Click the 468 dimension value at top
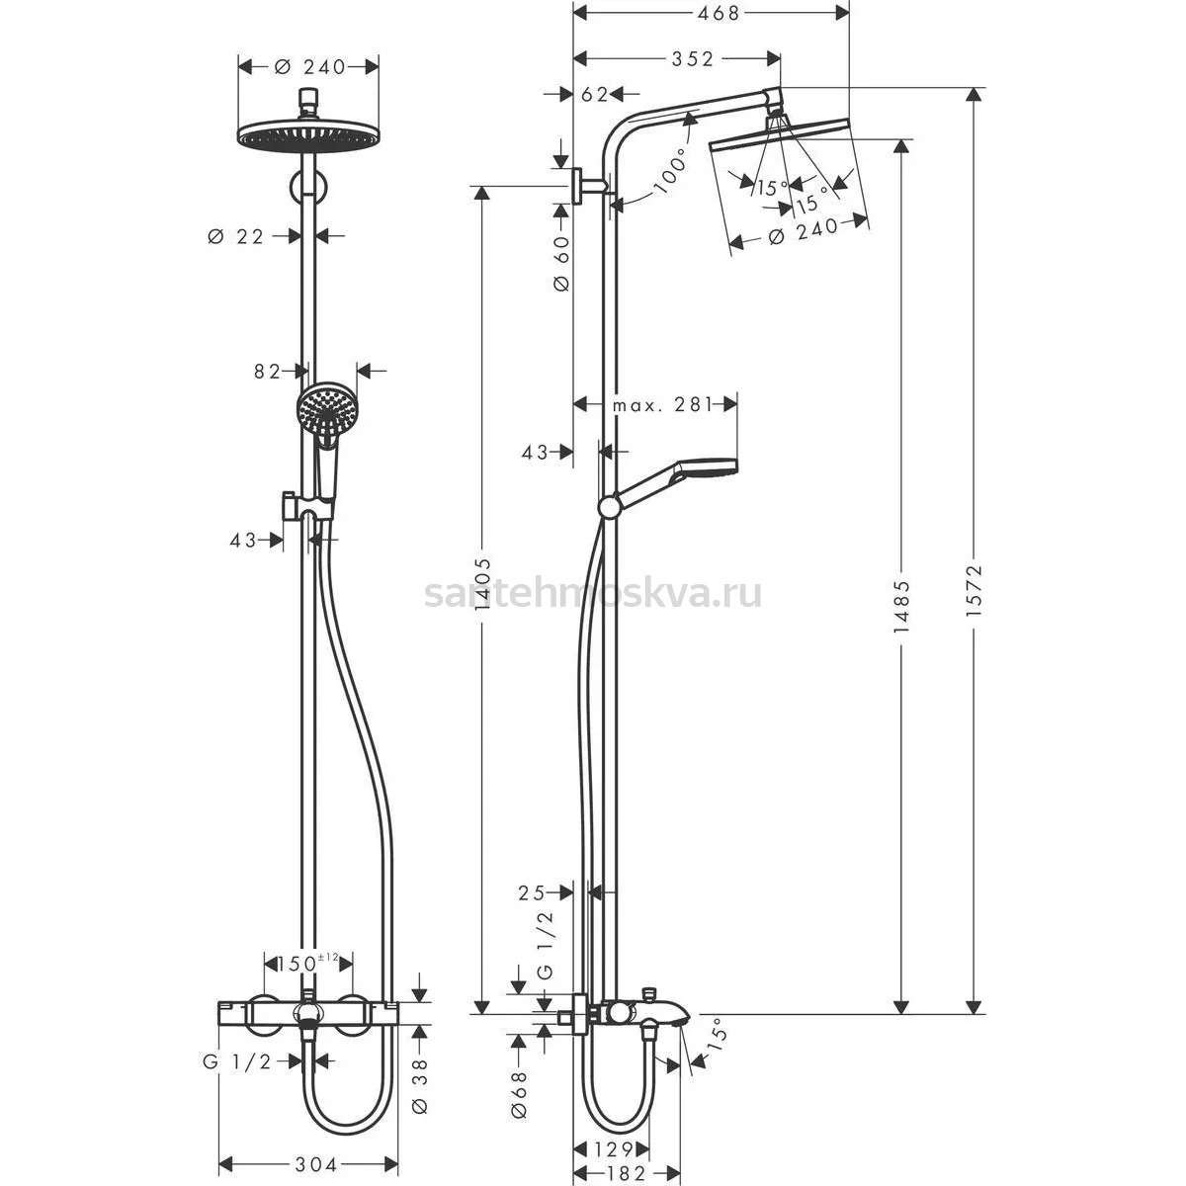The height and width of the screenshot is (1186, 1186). pyautogui.click(x=718, y=13)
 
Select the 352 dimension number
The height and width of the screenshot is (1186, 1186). pyautogui.click(x=692, y=58)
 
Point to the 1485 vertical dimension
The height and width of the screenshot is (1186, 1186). pyautogui.click(x=901, y=607)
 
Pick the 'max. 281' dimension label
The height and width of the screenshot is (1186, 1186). pyautogui.click(x=662, y=404)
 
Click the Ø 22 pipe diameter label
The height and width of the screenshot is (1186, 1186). pyautogui.click(x=236, y=236)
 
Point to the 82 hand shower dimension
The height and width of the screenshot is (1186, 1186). pyautogui.click(x=267, y=372)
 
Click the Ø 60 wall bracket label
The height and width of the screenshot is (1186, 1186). pyautogui.click(x=561, y=264)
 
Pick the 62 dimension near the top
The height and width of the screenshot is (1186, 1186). pyautogui.click(x=595, y=94)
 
